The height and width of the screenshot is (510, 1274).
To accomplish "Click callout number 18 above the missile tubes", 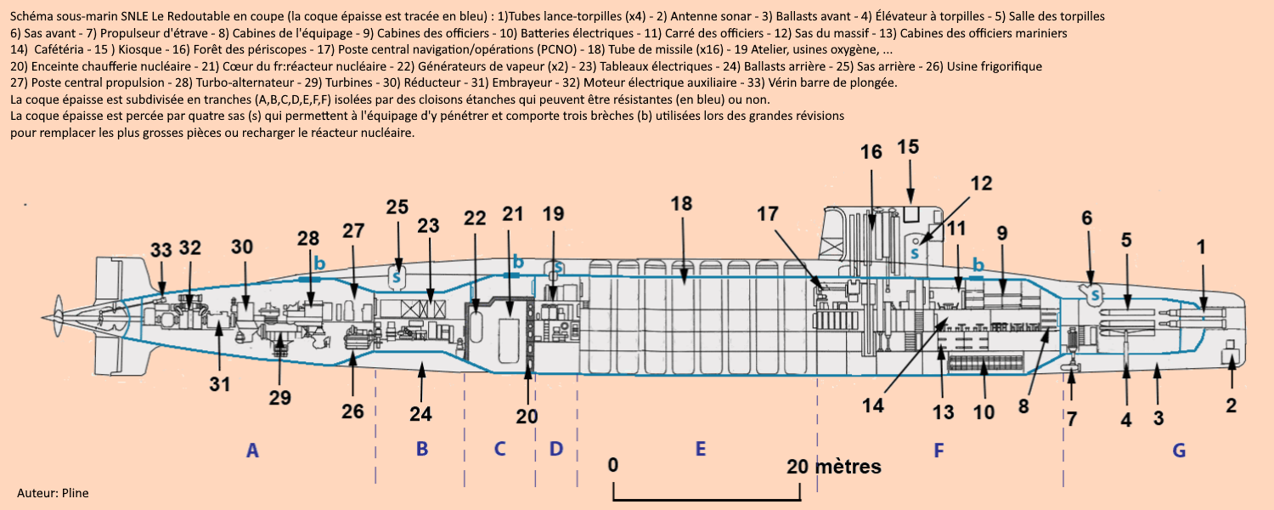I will [681, 203].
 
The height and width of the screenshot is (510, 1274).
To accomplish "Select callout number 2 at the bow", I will [1231, 405].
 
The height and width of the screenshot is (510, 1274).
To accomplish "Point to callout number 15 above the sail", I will [908, 147].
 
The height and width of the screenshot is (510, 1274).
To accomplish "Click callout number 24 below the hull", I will [421, 414].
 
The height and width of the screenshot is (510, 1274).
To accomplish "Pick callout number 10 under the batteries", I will [984, 412].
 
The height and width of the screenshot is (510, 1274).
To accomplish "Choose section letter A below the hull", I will [251, 450].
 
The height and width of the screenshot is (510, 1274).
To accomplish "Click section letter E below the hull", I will [701, 449].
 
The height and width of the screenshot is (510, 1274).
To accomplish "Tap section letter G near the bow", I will [1179, 450].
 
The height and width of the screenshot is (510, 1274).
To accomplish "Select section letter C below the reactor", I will [500, 449].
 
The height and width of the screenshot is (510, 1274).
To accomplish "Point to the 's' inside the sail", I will [915, 252].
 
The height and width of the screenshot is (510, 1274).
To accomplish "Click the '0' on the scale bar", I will [613, 466].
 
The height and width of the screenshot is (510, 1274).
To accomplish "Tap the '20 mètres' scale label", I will [834, 466].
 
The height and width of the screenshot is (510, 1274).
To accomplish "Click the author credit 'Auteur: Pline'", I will [53, 493].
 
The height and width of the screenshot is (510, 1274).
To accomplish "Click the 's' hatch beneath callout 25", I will [396, 275].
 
